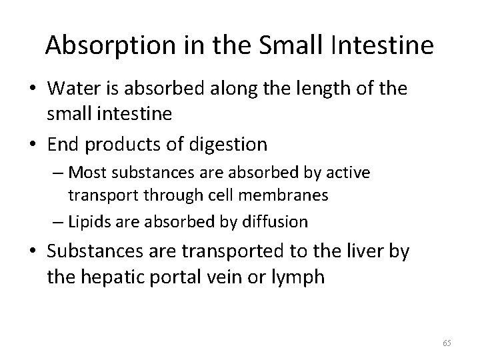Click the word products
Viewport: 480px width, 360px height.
pyautogui.click(x=119, y=143)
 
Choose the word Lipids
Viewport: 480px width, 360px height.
pyautogui.click(x=91, y=221)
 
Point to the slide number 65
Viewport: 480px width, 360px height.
pyautogui.click(x=447, y=343)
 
